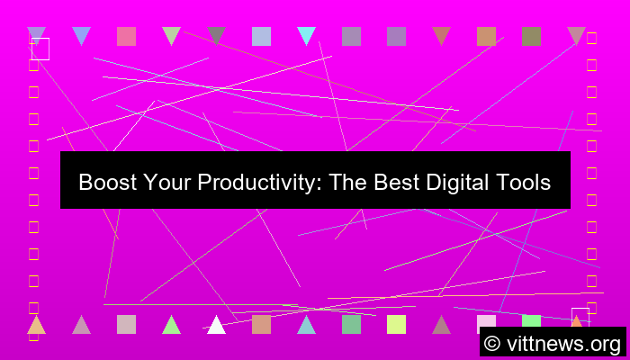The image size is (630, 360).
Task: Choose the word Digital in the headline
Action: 453,183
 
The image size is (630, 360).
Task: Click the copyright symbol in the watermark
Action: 492,343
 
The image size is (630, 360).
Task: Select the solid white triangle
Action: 216,325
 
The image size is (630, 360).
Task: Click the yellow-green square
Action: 396,324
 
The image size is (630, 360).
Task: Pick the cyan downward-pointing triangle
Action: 306,35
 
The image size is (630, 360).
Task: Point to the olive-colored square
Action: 531,36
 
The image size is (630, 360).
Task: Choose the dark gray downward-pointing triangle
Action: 216,35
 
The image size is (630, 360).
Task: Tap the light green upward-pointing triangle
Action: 171,325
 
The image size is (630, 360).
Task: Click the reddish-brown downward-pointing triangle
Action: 441,35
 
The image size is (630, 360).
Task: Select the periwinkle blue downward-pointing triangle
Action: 81,35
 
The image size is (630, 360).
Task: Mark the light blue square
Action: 261,36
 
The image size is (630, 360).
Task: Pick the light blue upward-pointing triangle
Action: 306,325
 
